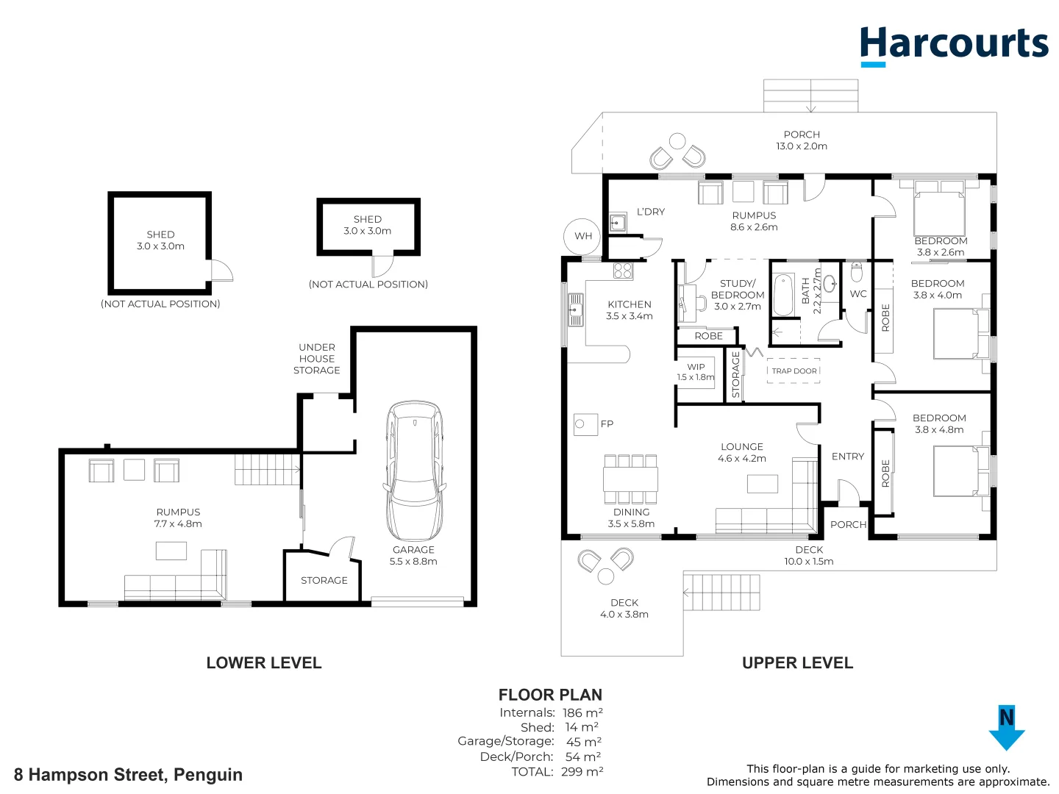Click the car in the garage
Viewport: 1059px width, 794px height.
[414, 471]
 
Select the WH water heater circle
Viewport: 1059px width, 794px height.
[582, 236]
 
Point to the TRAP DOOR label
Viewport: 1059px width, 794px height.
[794, 371]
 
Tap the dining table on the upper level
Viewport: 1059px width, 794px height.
[630, 479]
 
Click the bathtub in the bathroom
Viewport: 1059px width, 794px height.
[784, 295]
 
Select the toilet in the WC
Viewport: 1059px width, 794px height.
[856, 273]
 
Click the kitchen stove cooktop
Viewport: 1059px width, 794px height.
[622, 271]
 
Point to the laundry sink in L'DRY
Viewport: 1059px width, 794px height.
[618, 222]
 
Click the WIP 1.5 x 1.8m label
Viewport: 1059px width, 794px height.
[696, 372]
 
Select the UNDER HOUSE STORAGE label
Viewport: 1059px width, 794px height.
[317, 359]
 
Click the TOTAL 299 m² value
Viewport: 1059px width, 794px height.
[582, 772]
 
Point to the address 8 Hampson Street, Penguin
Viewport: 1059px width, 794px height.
[128, 775]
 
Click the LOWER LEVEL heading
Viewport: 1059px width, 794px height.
[263, 663]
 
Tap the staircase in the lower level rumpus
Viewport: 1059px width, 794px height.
[267, 470]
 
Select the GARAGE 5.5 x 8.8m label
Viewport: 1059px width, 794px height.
[413, 556]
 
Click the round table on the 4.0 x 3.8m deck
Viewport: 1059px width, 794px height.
[605, 575]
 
